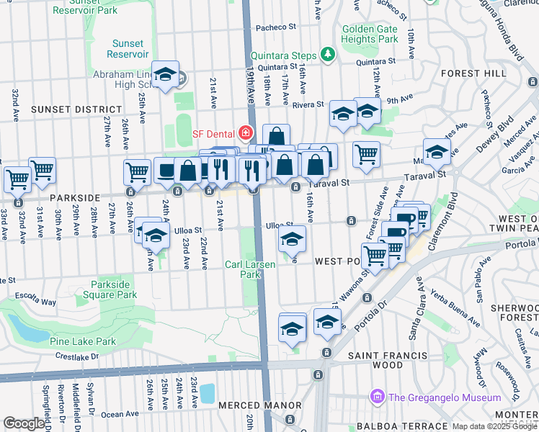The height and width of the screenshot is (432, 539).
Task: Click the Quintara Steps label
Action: click(x=284, y=55)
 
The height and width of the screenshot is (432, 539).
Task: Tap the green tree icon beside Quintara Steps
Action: click(x=328, y=55)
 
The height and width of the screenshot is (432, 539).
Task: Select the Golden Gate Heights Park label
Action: click(x=370, y=33)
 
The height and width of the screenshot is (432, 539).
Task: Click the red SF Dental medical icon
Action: click(x=246, y=133)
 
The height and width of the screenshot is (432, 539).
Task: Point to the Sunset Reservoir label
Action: click(x=128, y=49)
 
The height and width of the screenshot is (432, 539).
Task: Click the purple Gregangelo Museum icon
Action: click(x=376, y=397)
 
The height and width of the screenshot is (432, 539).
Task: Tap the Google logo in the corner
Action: click(x=24, y=423)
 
